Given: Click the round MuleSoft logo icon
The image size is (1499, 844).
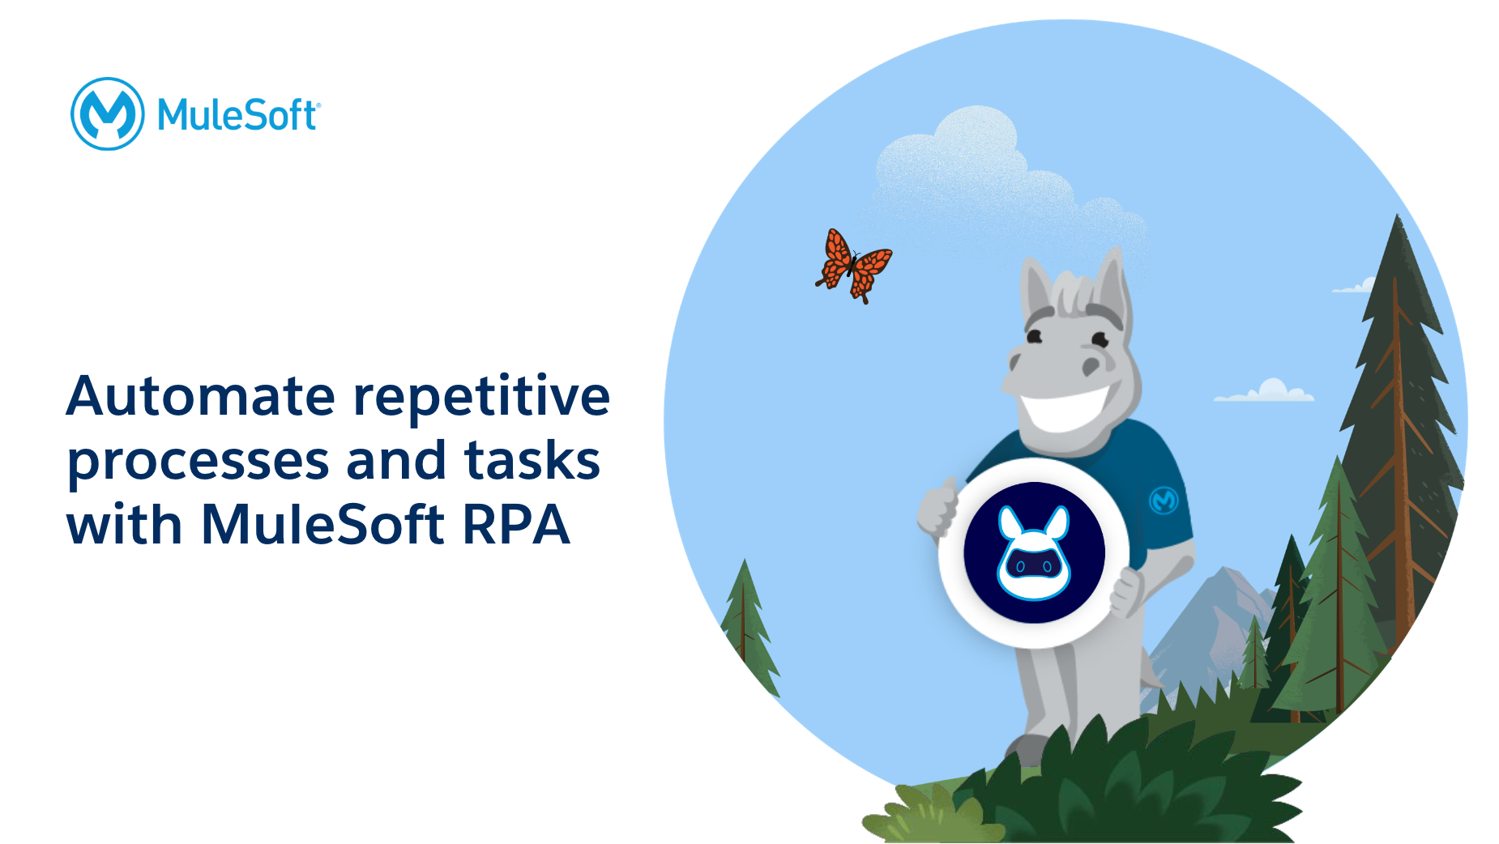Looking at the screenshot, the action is [x=108, y=114].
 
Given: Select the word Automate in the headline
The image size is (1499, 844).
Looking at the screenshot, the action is [x=201, y=396].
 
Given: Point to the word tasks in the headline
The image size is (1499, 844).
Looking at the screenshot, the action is [x=532, y=460].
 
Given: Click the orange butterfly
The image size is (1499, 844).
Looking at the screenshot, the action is [x=853, y=266].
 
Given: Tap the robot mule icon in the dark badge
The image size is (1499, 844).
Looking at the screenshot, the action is [x=1034, y=553].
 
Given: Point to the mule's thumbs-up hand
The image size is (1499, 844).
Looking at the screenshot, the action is [x=938, y=505].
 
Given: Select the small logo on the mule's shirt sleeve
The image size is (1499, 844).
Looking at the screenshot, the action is [x=1164, y=501].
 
